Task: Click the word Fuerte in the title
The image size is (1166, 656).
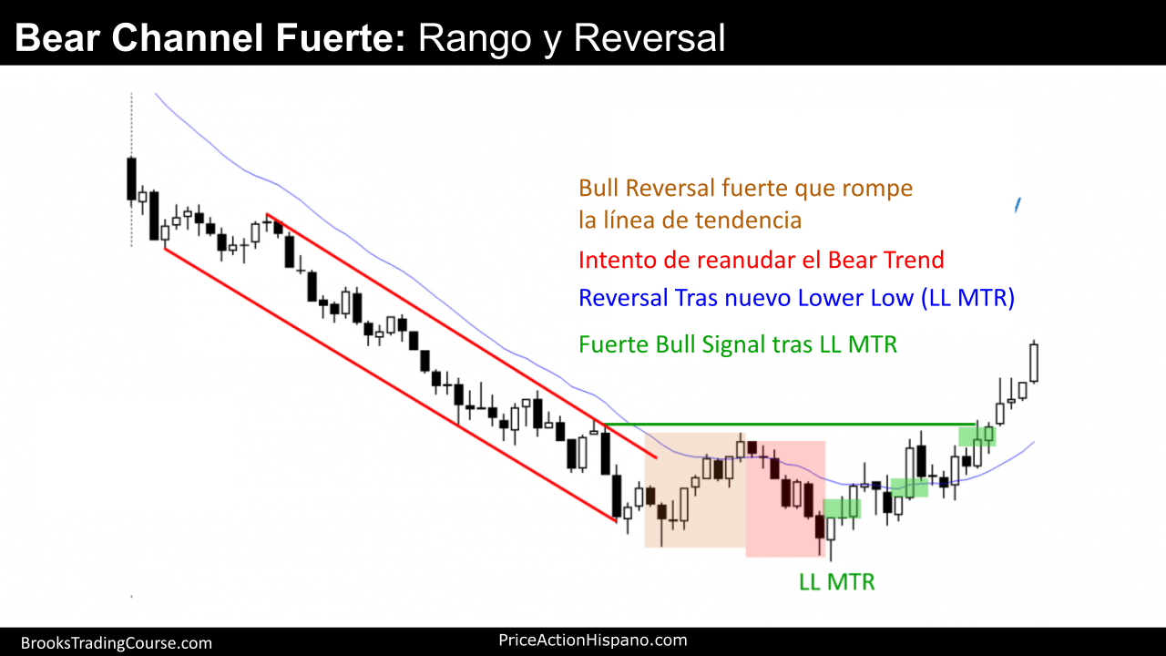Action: (341, 37)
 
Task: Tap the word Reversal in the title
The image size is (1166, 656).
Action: (649, 37)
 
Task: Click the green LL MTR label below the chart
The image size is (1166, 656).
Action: (836, 582)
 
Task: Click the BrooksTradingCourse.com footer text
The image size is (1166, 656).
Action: (116, 643)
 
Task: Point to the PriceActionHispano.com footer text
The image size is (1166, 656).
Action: (592, 640)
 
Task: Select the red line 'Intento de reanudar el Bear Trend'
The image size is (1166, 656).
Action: (761, 260)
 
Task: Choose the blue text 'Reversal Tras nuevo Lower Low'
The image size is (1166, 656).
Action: (746, 298)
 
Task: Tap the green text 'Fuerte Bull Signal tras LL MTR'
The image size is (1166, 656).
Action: (738, 344)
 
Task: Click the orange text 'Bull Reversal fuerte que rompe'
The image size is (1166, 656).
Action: (745, 189)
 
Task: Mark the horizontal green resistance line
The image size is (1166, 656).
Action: (790, 425)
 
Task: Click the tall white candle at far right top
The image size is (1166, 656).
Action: (1034, 363)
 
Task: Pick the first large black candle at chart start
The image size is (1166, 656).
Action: (131, 179)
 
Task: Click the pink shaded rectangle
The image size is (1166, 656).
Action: (785, 498)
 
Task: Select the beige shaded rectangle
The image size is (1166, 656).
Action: (695, 490)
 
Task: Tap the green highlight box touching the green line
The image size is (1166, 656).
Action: (977, 436)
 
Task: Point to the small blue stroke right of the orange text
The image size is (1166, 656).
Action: (1018, 205)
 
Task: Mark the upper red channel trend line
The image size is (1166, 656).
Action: (461, 336)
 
